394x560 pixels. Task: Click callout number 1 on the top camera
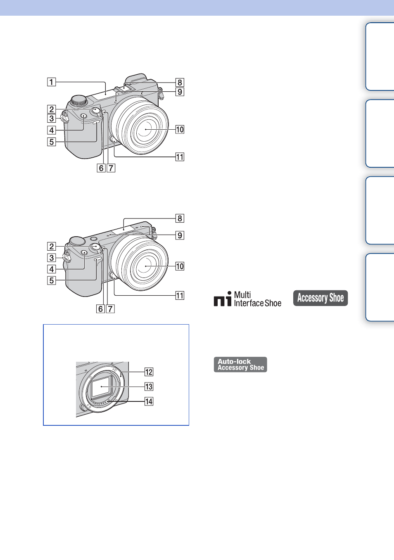click(52, 82)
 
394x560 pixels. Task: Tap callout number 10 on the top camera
click(180, 130)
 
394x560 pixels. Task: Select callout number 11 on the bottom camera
click(180, 296)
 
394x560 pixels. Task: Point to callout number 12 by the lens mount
click(149, 372)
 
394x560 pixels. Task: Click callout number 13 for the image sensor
click(149, 387)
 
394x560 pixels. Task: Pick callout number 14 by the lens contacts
click(149, 401)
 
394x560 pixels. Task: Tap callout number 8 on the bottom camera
click(180, 218)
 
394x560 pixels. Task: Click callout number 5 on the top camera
click(52, 142)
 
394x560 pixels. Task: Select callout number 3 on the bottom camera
click(52, 258)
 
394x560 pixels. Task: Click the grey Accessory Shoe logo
click(320, 298)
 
